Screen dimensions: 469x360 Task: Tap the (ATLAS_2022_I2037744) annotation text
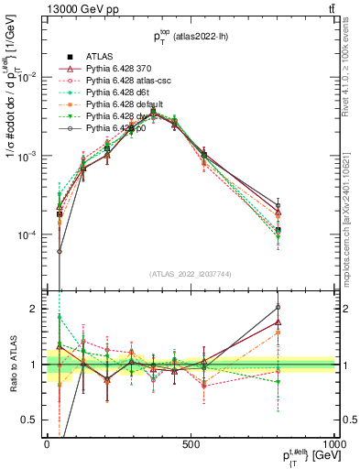click(191, 274)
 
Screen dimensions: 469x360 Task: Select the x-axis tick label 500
click(191, 444)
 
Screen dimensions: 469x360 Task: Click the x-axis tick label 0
click(47, 444)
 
